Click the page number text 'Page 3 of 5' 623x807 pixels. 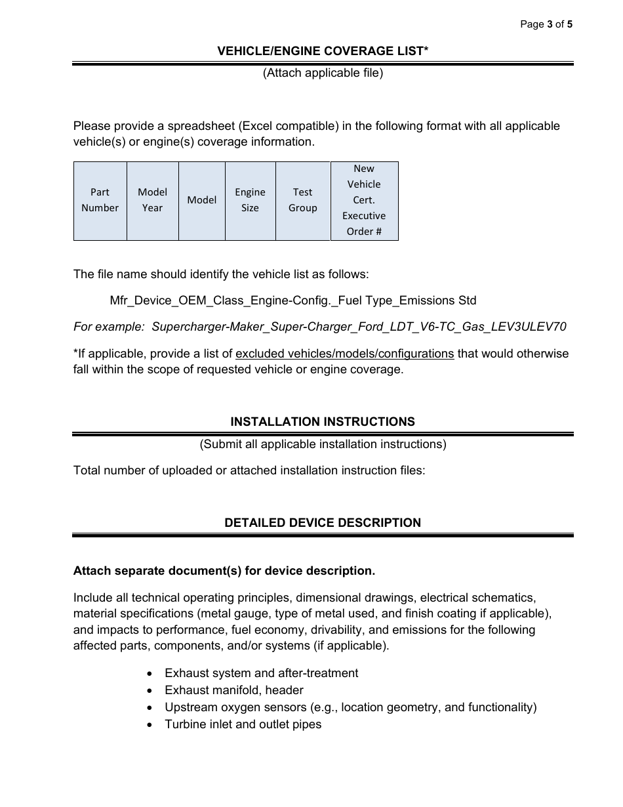[546, 24]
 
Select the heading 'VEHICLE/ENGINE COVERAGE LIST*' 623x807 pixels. [323, 51]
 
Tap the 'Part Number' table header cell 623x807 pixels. [100, 200]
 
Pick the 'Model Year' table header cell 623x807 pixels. [152, 200]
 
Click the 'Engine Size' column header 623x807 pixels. [250, 200]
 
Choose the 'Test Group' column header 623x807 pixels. [302, 200]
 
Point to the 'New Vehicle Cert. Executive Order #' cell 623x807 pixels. [364, 200]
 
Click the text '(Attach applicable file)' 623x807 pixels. [323, 73]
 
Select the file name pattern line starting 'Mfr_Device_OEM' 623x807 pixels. [293, 300]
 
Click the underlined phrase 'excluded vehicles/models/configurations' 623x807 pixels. [344, 354]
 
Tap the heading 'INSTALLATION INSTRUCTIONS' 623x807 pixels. [323, 422]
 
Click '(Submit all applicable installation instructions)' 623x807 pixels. [323, 444]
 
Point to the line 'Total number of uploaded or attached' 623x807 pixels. [249, 470]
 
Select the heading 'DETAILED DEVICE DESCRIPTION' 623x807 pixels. [323, 523]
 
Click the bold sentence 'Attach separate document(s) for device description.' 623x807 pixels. [224, 571]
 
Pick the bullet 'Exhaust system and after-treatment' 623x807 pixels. [261, 673]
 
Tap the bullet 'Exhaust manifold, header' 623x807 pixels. [233, 690]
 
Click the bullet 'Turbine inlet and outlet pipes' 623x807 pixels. [243, 724]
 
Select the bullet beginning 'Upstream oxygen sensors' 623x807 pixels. [350, 707]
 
